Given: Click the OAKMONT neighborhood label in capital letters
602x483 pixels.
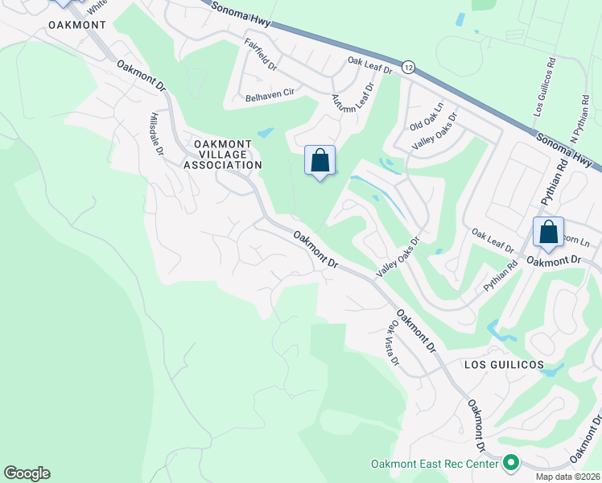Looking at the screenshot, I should pyautogui.click(x=76, y=25).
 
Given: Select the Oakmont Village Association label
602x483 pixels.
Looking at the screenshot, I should pyautogui.click(x=223, y=154).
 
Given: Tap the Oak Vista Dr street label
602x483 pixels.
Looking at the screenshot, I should pyautogui.click(x=394, y=343).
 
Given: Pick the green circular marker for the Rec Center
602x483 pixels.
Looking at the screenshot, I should pyautogui.click(x=510, y=463).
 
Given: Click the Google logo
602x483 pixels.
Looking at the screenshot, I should pyautogui.click(x=27, y=473).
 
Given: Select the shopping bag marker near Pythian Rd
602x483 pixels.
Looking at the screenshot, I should pyautogui.click(x=548, y=233).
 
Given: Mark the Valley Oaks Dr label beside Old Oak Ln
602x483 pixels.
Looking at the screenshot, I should pyautogui.click(x=435, y=131).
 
